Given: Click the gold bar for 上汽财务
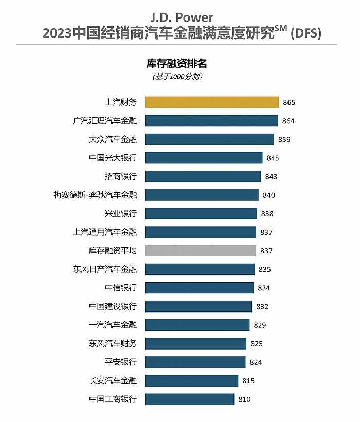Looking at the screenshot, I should coord(211,102).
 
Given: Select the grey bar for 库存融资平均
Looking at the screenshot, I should coord(200,251).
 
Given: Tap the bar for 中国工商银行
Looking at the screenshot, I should coord(189,399).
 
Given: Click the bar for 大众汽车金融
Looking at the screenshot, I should coord(209,139).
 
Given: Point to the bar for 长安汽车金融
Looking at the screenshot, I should coord(191,380).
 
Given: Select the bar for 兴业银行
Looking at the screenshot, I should coord(201,214).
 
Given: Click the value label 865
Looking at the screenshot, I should coord(289,102).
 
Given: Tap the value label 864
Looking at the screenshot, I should coord(288,121).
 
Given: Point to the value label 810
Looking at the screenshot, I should coord(244,399).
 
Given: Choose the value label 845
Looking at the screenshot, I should coord(273,158).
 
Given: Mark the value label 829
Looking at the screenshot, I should coord(260,325).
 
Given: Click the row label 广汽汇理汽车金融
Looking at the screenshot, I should coord(105,121).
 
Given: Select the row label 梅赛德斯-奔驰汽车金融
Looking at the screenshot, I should coord(95,195).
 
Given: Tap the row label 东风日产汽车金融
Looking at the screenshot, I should coord(105,269).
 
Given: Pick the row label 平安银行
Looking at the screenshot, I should coord(120,362).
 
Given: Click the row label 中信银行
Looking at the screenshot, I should coord(120,288).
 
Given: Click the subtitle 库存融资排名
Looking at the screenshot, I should coord(177,64).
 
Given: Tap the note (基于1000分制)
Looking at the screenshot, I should coord(177,77).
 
